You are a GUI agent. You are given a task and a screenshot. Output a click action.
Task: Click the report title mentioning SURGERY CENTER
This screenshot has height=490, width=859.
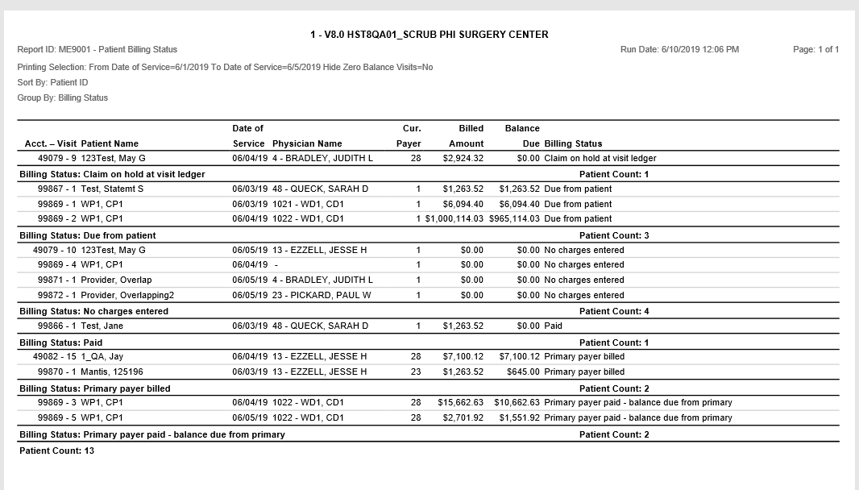(x=429, y=35)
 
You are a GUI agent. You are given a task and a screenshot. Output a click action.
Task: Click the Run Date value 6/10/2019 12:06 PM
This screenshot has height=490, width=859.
(x=679, y=50)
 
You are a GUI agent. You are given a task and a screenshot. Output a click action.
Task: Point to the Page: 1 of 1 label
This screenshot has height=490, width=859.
(x=815, y=50)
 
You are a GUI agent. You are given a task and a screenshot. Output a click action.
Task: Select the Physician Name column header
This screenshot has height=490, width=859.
(x=307, y=144)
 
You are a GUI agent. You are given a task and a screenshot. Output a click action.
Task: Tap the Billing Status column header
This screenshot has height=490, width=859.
(x=573, y=144)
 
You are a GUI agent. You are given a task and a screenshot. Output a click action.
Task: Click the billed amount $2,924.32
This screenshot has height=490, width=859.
(x=463, y=159)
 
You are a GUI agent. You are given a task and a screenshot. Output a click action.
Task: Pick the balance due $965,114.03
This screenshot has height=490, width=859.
(x=514, y=219)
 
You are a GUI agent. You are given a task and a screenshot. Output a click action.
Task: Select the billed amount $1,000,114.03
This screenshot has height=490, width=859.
(x=454, y=219)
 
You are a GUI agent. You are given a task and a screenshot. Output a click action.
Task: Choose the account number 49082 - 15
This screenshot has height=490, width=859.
(x=55, y=356)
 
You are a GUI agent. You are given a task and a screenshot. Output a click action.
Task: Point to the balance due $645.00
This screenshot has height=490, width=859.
(x=523, y=372)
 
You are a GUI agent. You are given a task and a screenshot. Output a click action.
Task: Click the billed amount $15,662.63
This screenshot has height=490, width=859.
(x=459, y=402)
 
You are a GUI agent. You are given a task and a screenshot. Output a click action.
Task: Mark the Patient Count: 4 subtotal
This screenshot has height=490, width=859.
(x=613, y=311)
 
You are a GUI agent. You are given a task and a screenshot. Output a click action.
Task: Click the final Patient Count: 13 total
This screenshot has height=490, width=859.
(x=56, y=451)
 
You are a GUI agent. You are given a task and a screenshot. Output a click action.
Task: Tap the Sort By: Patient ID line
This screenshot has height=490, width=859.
(x=52, y=82)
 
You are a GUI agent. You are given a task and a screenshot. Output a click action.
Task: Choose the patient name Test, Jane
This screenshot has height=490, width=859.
(x=102, y=326)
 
